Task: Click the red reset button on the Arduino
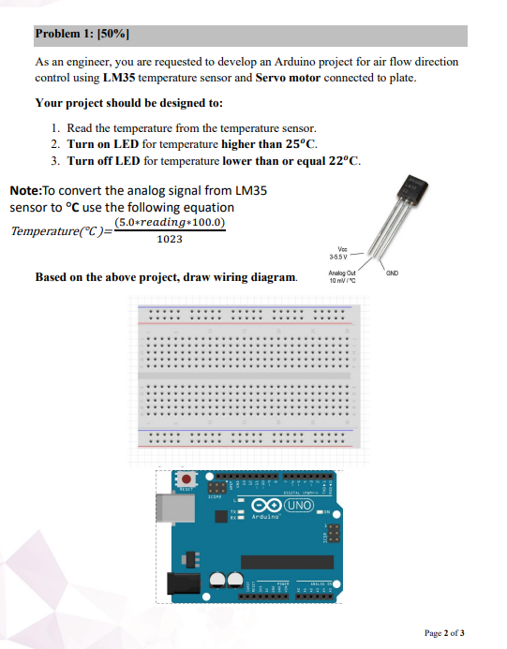[x=186, y=479]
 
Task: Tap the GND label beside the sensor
[x=392, y=273]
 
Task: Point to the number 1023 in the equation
[x=170, y=240]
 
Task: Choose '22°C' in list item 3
[x=338, y=161]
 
